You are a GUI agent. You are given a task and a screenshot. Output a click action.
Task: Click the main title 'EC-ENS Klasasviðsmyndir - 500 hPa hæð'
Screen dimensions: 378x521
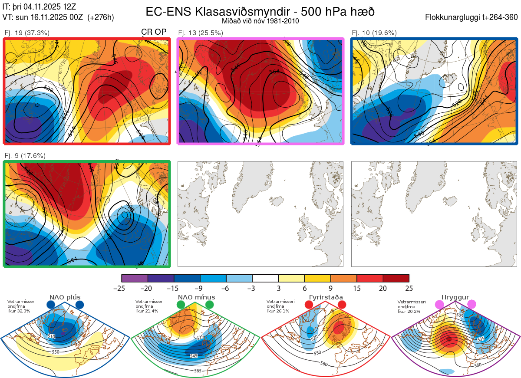pos(260,11)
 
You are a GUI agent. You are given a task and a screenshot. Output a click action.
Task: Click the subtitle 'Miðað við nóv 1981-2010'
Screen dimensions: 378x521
pos(260,21)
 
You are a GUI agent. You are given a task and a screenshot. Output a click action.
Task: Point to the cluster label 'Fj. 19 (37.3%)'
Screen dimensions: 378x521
pos(27,33)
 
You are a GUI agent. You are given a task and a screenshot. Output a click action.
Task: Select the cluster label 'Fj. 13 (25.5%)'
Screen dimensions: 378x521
pos(201,33)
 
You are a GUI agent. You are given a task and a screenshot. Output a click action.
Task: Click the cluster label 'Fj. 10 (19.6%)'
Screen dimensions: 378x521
pos(374,33)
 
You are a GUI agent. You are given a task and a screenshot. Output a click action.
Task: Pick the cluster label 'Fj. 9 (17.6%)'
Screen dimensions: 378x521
pos(25,155)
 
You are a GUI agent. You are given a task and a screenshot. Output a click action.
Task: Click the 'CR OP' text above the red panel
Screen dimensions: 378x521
pos(154,32)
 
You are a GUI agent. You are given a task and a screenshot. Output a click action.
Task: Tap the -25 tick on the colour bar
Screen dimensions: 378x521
pos(122,289)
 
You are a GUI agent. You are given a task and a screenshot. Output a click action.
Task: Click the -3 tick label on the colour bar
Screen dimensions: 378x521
pos(252,289)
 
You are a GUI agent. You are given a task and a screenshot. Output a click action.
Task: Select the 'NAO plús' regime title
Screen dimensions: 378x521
pos(65,297)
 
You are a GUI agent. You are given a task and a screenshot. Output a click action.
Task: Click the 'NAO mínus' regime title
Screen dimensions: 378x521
pos(196,297)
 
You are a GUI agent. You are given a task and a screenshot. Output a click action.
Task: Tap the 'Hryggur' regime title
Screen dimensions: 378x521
pos(456,297)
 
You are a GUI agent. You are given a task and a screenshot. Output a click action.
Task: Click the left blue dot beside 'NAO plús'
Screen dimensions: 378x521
pos(51,305)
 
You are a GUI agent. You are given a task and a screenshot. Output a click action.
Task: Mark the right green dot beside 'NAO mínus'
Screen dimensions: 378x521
pos(210,305)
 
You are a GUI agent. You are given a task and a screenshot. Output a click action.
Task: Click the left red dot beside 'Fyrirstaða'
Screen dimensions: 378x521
pos(309,305)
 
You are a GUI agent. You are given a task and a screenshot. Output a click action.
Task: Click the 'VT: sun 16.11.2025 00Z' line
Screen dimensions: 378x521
pos(58,17)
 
